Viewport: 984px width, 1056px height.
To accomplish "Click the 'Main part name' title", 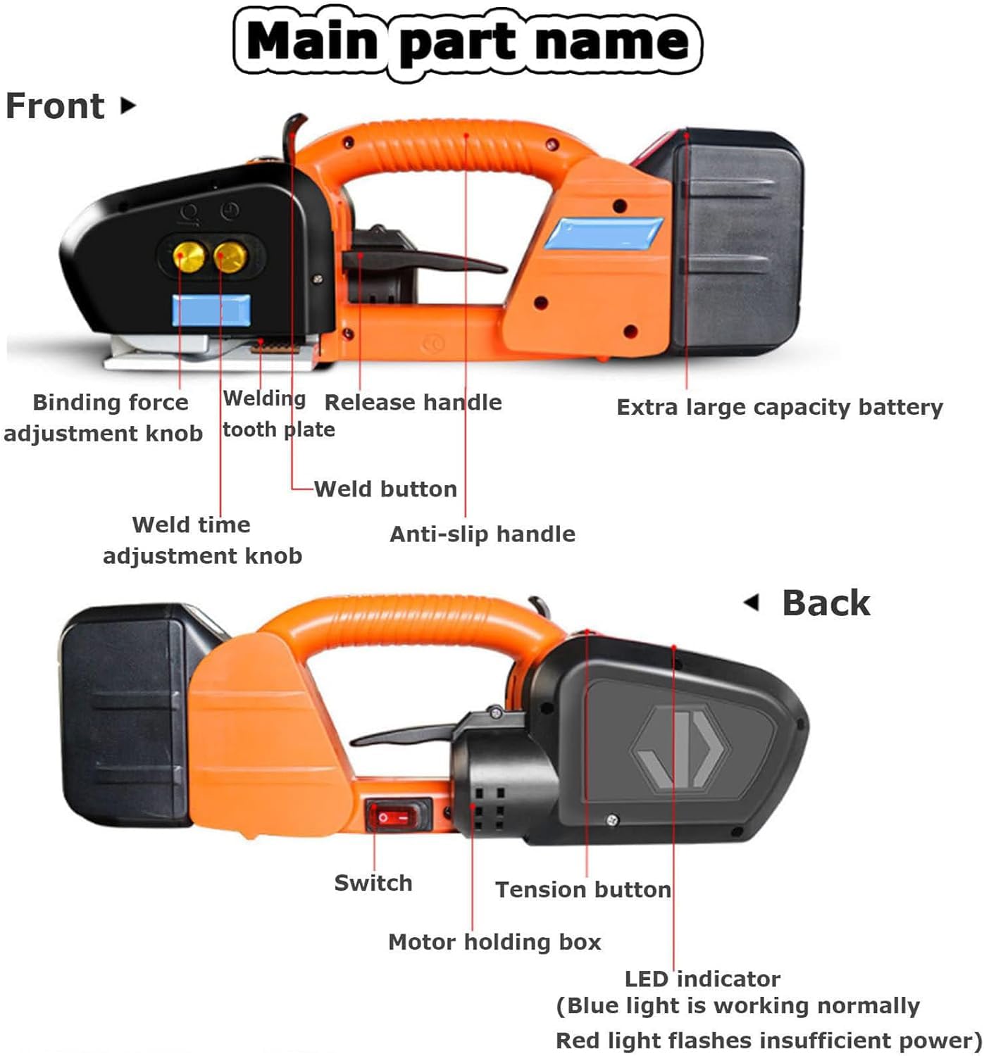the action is [x=467, y=42].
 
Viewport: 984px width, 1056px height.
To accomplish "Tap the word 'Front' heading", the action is [x=55, y=106].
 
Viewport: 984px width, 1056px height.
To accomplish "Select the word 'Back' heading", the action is [x=826, y=603].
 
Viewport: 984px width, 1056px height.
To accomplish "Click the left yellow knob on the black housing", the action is [x=188, y=257].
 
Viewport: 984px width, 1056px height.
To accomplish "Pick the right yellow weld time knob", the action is [x=230, y=258].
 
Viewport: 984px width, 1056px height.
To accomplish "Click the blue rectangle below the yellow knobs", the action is [x=211, y=310].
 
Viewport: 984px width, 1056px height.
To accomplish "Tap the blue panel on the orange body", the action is [x=604, y=234].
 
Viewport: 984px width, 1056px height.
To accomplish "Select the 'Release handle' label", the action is [x=413, y=402].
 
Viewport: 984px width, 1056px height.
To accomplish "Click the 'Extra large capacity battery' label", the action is [x=780, y=408].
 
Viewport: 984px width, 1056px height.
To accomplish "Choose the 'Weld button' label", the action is [x=385, y=489].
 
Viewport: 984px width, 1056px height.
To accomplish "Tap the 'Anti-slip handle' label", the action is [x=482, y=534].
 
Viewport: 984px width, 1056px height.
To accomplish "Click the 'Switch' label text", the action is [x=373, y=883].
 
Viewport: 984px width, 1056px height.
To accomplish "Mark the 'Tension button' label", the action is [x=583, y=890].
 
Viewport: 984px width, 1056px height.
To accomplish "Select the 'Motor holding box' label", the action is [x=494, y=942].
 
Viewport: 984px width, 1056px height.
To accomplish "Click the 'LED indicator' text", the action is [x=702, y=979].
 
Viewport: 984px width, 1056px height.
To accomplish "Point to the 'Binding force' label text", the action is [x=110, y=403].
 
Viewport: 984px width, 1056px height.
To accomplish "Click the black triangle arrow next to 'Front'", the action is [x=128, y=106].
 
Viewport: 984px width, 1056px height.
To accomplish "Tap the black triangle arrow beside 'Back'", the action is [x=752, y=603].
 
